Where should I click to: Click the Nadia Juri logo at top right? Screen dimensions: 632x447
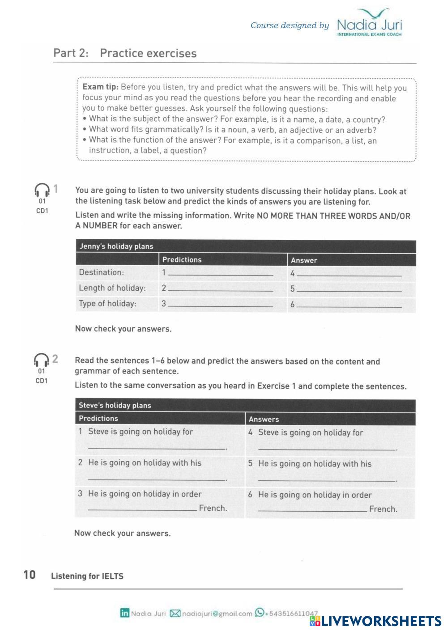pyautogui.click(x=369, y=23)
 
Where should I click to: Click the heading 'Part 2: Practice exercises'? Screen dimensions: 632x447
pyautogui.click(x=125, y=53)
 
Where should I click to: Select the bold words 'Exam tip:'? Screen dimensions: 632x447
pyautogui.click(x=100, y=87)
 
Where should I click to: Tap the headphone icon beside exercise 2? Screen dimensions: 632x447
pyautogui.click(x=41, y=360)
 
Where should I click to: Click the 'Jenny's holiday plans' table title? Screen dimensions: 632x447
pyautogui.click(x=116, y=246)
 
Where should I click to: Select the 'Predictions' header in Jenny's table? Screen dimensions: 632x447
pyautogui.click(x=182, y=259)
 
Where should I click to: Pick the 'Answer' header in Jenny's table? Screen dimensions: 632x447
pyautogui.click(x=304, y=260)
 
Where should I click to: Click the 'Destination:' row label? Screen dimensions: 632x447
pyautogui.click(x=102, y=272)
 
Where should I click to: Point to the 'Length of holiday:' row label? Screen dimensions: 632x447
pyautogui.click(x=112, y=288)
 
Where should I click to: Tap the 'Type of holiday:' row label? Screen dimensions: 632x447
pyautogui.click(x=107, y=304)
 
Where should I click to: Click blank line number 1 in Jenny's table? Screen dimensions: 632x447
pyautogui.click(x=220, y=274)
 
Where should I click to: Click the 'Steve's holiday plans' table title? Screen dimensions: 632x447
pyautogui.click(x=115, y=405)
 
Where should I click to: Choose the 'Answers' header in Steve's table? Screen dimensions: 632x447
pyautogui.click(x=264, y=419)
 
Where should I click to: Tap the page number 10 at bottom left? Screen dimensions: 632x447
pyautogui.click(x=29, y=575)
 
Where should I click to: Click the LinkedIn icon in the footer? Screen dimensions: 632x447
pyautogui.click(x=124, y=613)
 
